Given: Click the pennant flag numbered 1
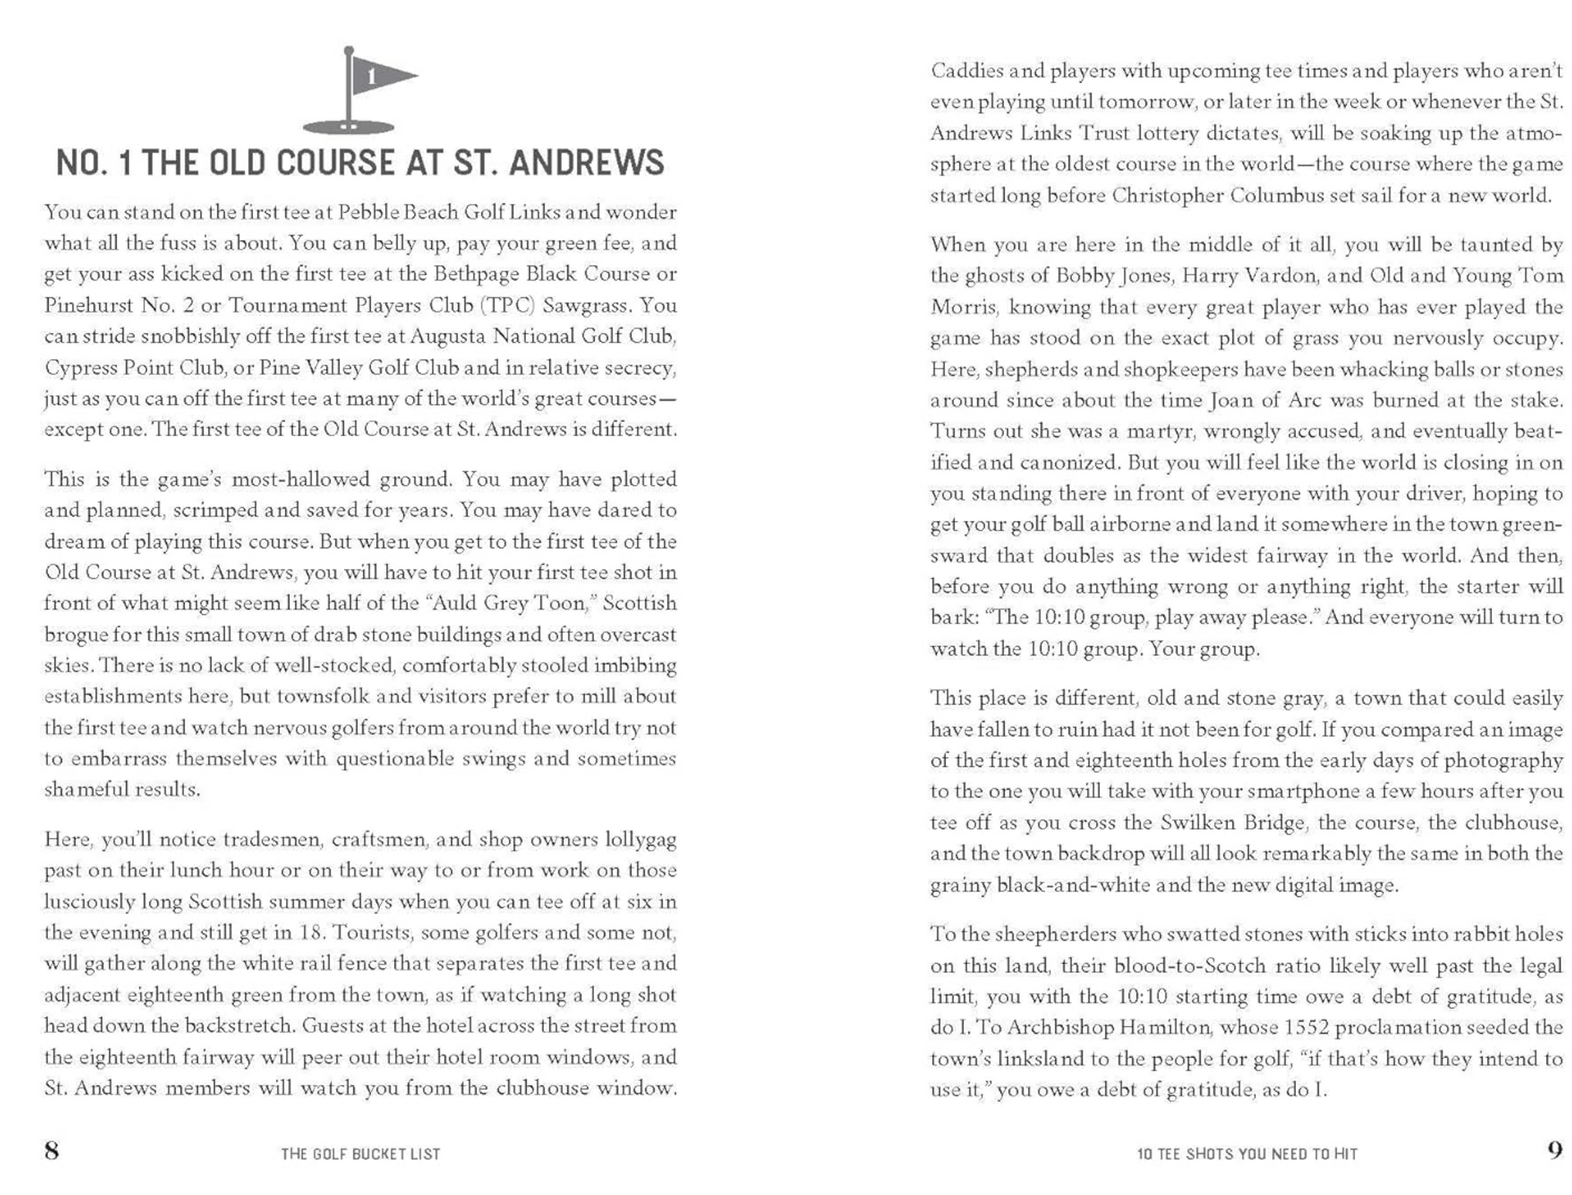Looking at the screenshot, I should pyautogui.click(x=380, y=77).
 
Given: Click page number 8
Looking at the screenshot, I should pyautogui.click(x=52, y=1150).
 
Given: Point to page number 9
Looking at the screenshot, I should pyautogui.click(x=1554, y=1150).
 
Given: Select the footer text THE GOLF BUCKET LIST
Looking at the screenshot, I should pyautogui.click(x=360, y=1154).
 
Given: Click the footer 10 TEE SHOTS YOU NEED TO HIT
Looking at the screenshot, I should pyautogui.click(x=1246, y=1154).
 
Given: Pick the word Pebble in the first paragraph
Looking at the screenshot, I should pyautogui.click(x=365, y=212).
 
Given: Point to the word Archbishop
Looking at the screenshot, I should pyautogui.click(x=1060, y=1028).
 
